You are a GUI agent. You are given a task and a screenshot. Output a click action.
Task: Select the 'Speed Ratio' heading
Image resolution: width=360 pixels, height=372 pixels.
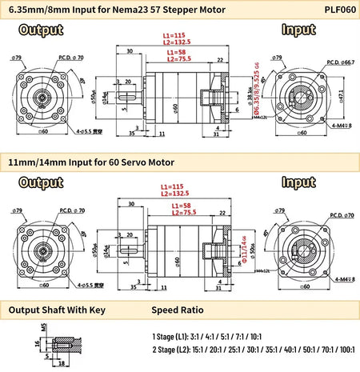pos(178,310)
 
